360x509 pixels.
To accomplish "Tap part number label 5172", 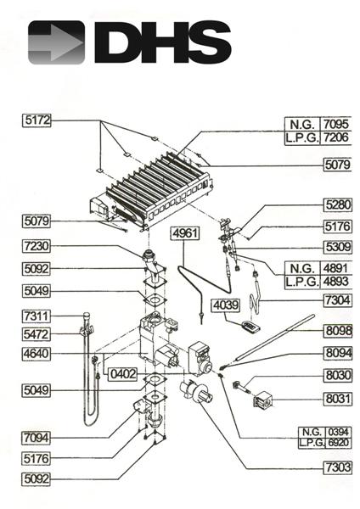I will [37, 121].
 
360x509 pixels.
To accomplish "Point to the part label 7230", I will [37, 246].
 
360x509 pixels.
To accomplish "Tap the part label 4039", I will [227, 305].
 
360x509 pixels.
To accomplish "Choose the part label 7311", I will [37, 316].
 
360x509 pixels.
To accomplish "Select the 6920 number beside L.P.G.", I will [338, 442].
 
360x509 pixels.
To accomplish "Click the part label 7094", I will [37, 437].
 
